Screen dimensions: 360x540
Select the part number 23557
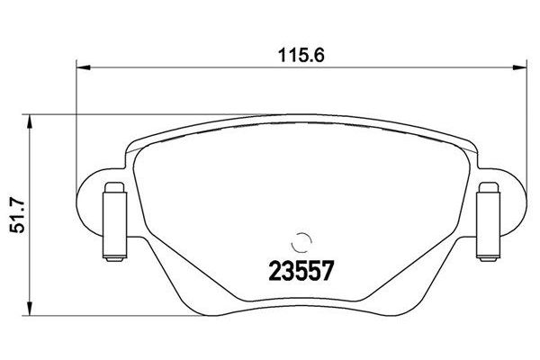click(x=297, y=268)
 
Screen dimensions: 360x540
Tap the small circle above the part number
click(x=301, y=241)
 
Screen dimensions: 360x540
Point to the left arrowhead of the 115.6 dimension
click(x=82, y=66)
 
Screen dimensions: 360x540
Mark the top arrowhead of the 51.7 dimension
click(x=32, y=120)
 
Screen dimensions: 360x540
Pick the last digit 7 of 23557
click(x=319, y=268)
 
